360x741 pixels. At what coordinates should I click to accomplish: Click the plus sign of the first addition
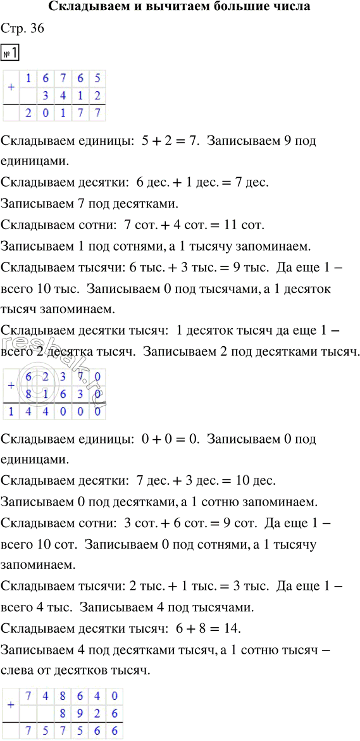click(x=10, y=87)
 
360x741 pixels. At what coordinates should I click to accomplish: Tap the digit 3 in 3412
click(x=45, y=96)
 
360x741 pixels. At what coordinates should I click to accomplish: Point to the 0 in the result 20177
click(x=45, y=113)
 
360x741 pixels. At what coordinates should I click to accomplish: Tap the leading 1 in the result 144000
click(x=11, y=412)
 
